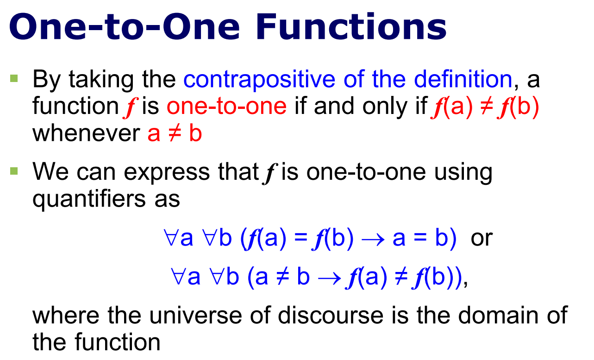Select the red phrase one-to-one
[x=226, y=107]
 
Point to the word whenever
[x=86, y=133]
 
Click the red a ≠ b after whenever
[x=175, y=133]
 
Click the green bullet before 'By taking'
[x=14, y=79]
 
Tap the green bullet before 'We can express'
[x=14, y=171]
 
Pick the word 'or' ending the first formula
[x=481, y=238]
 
